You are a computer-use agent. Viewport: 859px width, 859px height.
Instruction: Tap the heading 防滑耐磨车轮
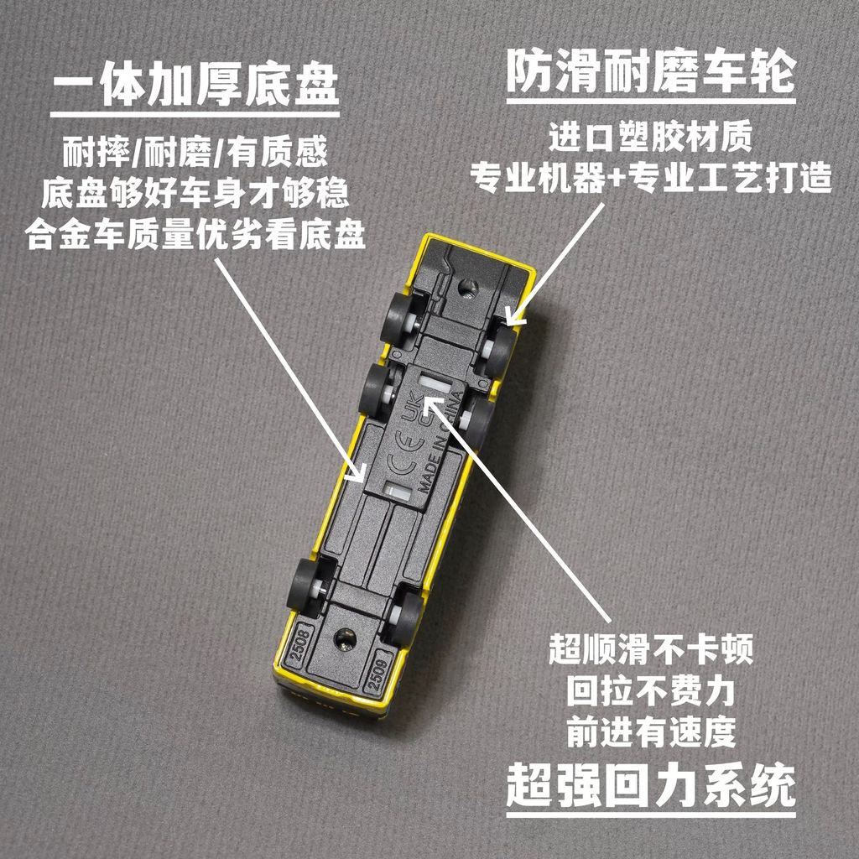(651, 71)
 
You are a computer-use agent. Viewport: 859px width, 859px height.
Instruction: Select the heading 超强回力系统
(651, 785)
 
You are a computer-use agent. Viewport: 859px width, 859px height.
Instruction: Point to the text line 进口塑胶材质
(651, 137)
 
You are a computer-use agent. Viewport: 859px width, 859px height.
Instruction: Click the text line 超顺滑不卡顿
(651, 648)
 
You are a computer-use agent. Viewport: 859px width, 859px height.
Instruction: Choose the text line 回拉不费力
(651, 691)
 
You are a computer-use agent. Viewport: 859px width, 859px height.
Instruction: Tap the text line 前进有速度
(651, 731)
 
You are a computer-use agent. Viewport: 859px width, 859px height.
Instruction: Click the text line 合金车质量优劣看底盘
(195, 235)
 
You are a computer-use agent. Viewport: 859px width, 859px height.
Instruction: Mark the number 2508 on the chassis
(300, 644)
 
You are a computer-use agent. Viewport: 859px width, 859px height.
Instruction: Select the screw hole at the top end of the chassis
(467, 286)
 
